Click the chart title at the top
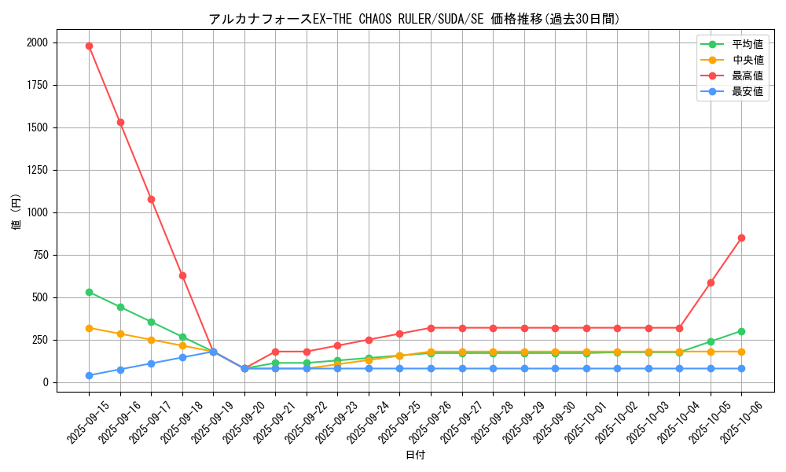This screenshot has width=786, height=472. coord(414,19)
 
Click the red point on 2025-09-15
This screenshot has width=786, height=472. coord(89,46)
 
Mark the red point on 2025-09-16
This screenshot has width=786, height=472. coord(120,122)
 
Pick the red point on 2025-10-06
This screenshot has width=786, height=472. coord(741,238)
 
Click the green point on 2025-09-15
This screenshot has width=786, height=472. coord(89,292)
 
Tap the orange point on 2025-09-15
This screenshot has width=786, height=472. coord(89,328)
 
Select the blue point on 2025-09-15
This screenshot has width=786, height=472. coord(89,375)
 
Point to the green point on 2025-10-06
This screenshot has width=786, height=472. coord(741,331)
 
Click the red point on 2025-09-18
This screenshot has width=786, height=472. coord(182,275)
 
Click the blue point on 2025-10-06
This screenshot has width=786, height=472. coord(741,368)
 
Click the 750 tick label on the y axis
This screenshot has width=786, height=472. coord(39,255)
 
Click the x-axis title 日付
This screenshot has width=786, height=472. coord(415,455)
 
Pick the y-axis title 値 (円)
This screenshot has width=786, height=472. coord(17,212)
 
